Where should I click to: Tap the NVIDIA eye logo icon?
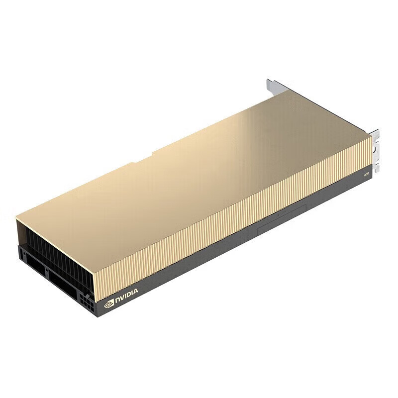pos(109,303)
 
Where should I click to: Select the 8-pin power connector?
pos(86,301)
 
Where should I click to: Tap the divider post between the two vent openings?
pos(45,273)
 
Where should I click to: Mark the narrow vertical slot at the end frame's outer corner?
pos(21,254)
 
